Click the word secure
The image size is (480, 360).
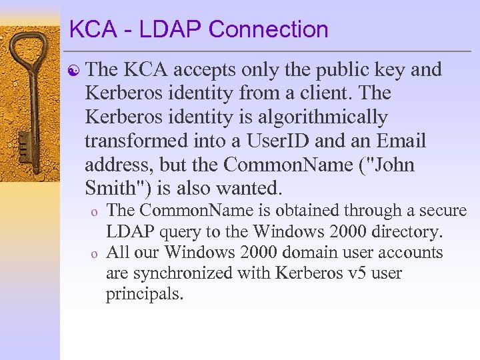click(440, 211)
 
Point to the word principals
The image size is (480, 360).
click(144, 294)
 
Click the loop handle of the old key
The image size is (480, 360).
click(30, 53)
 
